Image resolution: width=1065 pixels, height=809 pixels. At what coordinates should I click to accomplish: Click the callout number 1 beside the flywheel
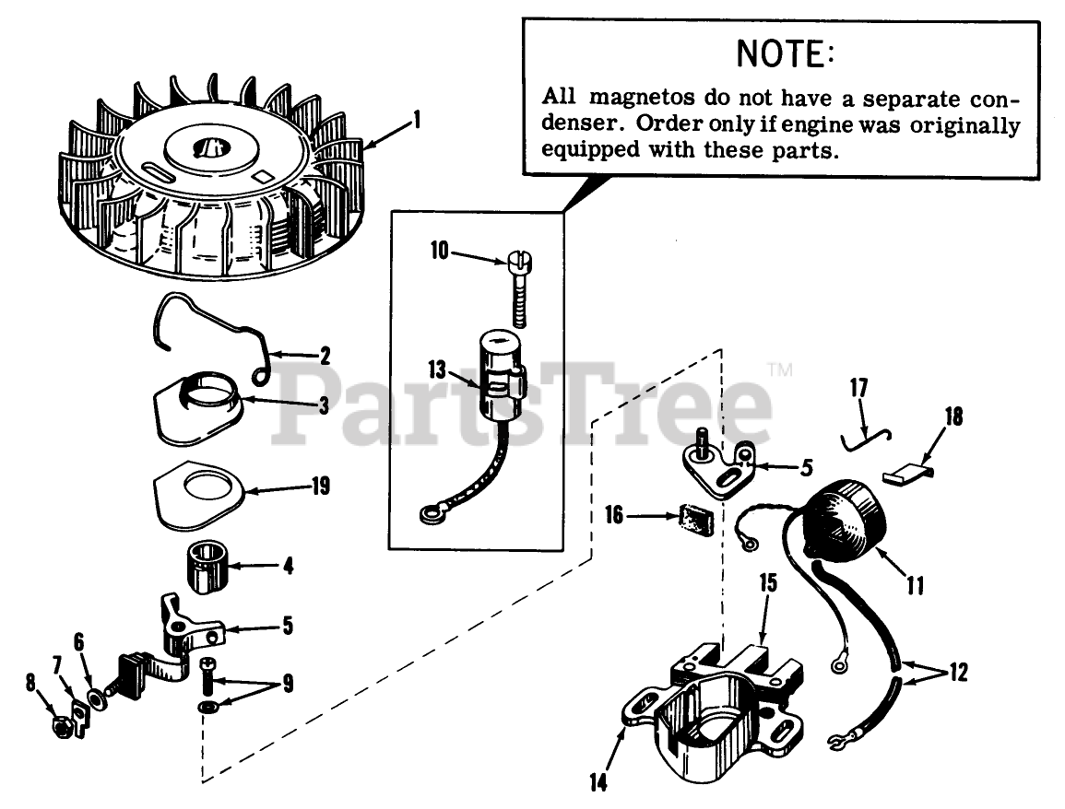417,120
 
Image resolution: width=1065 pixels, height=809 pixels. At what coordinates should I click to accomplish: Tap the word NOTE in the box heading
785,54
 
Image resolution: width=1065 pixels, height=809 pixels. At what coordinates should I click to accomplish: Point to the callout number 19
320,486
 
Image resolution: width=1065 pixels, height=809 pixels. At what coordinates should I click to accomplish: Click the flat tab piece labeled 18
906,475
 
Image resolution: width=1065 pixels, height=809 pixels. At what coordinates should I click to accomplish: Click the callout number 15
768,583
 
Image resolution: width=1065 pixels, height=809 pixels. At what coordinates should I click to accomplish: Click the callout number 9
288,685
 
